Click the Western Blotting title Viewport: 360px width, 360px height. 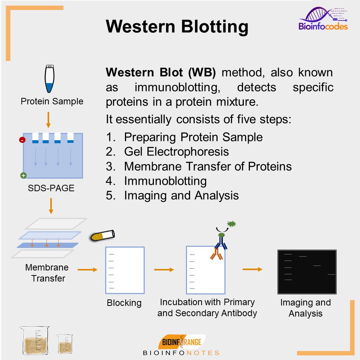pyautogui.click(x=177, y=27)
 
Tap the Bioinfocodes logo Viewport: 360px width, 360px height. pyautogui.click(x=323, y=19)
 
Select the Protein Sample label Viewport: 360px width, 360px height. pyautogui.click(x=52, y=102)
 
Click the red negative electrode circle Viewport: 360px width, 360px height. pyautogui.click(x=22, y=140)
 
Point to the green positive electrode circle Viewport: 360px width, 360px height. pyautogui.click(x=23, y=176)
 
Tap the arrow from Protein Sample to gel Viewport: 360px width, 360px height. pyautogui.click(x=48, y=120)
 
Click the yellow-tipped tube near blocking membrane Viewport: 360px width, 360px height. pyautogui.click(x=103, y=235)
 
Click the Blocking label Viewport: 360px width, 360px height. pyautogui.click(x=124, y=303)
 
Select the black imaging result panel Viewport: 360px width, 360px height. pyautogui.click(x=307, y=272)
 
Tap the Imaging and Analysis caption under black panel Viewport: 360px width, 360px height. pyautogui.click(x=306, y=308)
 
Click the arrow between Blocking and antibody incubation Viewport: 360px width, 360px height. pyautogui.click(x=164, y=270)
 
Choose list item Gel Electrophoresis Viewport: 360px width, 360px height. pyautogui.click(x=176, y=152)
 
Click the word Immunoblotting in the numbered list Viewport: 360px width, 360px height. pyautogui.click(x=165, y=181)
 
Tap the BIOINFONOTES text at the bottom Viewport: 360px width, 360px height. pyautogui.click(x=181, y=353)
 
